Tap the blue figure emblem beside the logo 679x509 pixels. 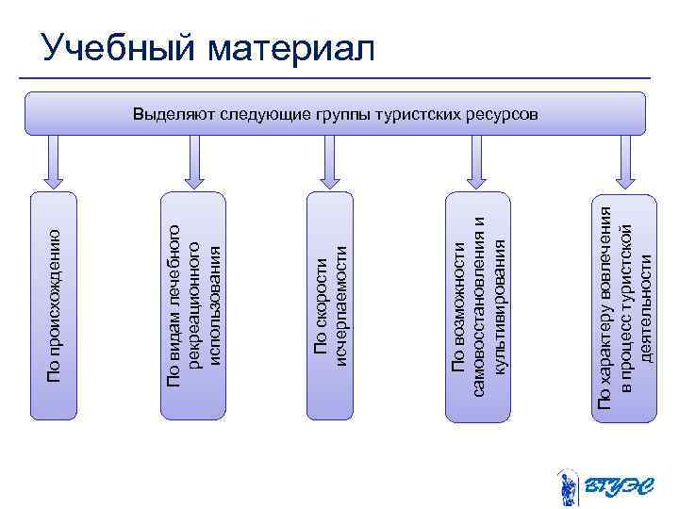[x=567, y=486]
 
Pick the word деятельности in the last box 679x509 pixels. [x=647, y=304]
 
